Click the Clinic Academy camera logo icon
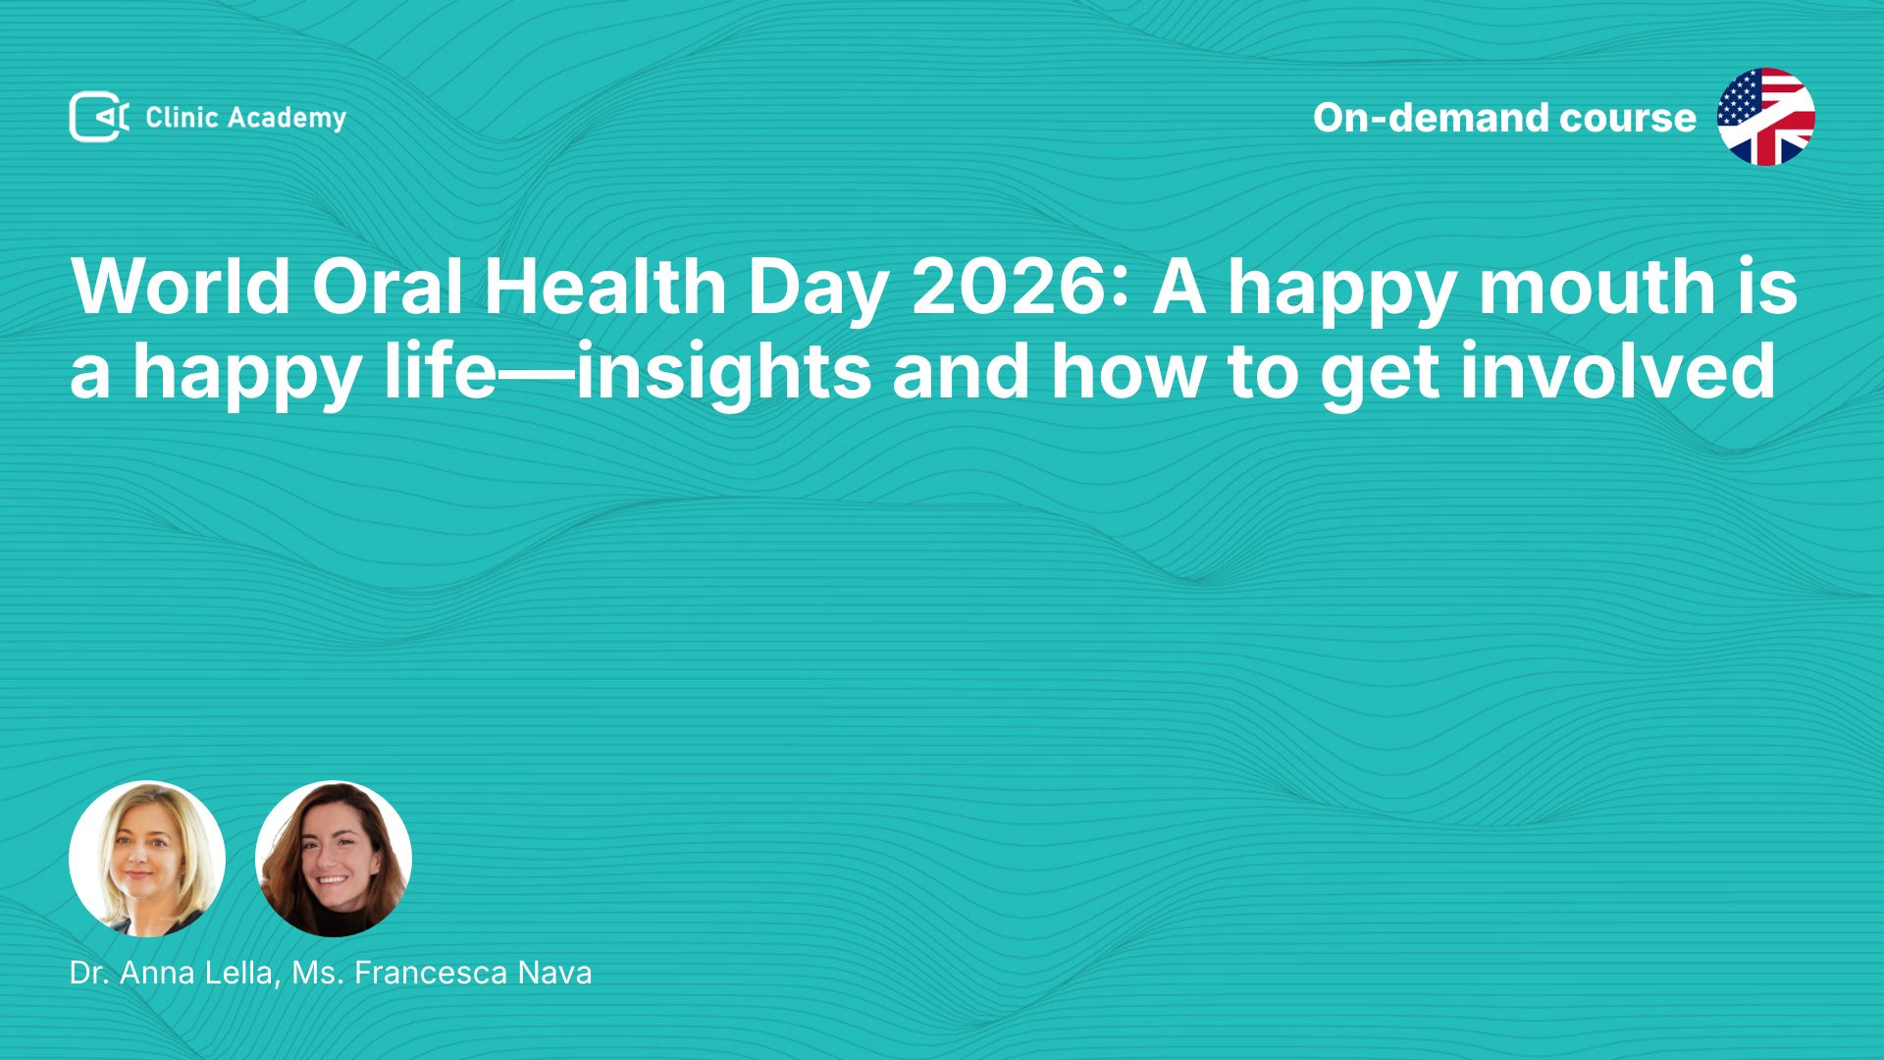99,117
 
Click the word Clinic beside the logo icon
182,117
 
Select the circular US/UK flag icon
1765,117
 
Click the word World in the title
181,287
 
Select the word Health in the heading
604,287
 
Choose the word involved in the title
1618,371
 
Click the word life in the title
440,371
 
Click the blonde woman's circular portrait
147,859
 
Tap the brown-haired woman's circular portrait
334,859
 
